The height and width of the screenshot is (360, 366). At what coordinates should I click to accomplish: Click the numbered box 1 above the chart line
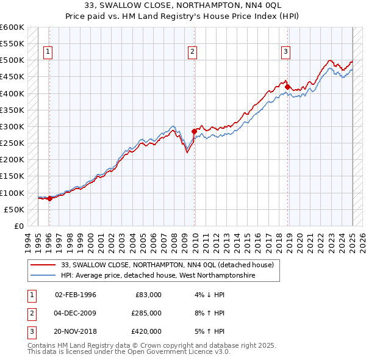point(48,52)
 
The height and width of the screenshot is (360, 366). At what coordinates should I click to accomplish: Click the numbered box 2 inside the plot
point(193,52)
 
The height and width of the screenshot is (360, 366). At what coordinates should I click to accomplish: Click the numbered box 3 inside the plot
point(285,52)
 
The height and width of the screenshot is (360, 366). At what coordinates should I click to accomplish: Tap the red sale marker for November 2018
point(287,87)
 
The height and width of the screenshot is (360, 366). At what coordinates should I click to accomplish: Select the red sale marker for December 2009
point(195,131)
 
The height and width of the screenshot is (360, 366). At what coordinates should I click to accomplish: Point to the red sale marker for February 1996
point(49,198)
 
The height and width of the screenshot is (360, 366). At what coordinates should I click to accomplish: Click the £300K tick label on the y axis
point(12,126)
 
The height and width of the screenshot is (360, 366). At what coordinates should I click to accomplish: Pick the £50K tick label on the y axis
point(13,209)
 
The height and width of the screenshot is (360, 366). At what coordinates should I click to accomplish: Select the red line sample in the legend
point(43,265)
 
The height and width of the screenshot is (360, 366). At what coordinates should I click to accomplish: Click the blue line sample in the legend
point(43,276)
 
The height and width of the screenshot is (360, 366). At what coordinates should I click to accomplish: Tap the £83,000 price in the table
point(146,295)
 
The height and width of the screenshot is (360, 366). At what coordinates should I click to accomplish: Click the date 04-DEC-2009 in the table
point(76,313)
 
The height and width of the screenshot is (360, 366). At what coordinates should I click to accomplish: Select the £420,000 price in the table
point(146,331)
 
